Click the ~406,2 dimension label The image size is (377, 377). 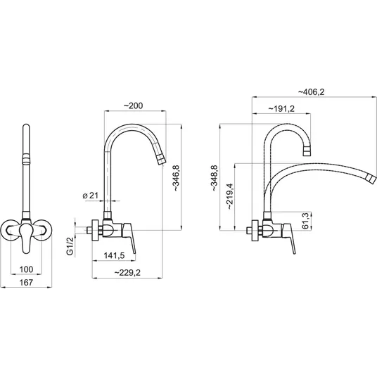click(311, 92)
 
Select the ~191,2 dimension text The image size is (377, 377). click(281, 109)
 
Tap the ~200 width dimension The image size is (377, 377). click(133, 106)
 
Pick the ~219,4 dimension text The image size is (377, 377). click(229, 196)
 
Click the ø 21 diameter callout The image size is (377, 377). click(91, 196)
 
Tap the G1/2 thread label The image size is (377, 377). click(70, 245)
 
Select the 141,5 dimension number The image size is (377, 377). click(114, 255)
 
